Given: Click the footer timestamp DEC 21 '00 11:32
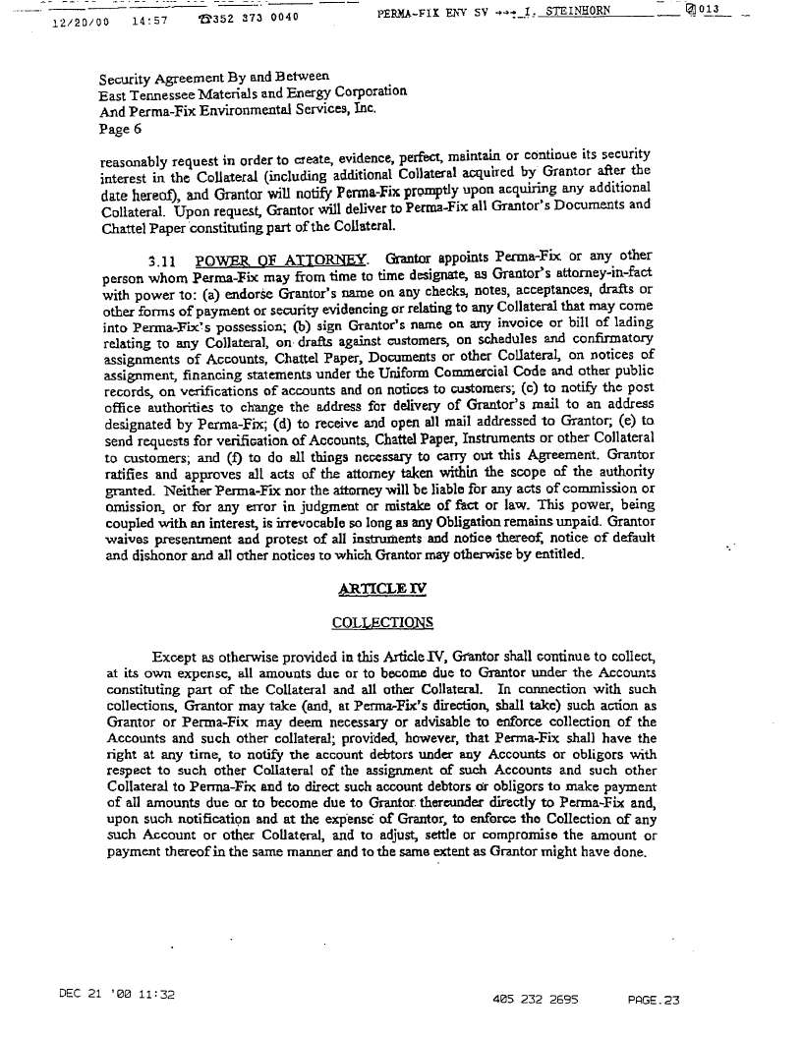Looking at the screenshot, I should [x=116, y=994].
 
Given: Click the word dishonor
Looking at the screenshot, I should [x=160, y=554].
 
